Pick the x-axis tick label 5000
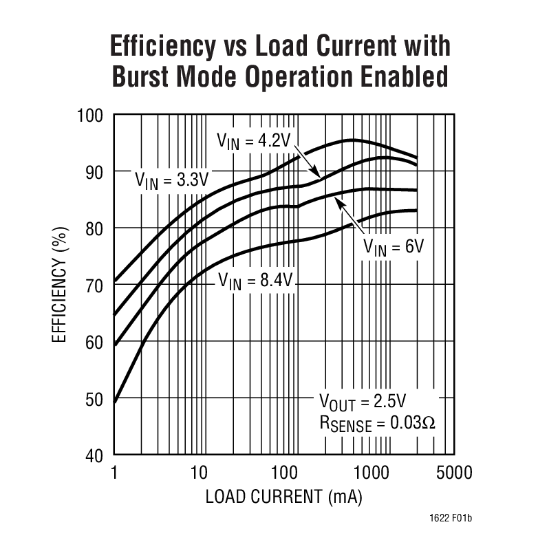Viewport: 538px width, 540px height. tap(453, 473)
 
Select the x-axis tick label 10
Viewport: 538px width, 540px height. tap(198, 473)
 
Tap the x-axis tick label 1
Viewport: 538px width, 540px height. tap(114, 473)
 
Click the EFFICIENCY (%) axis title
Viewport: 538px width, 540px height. tap(60, 285)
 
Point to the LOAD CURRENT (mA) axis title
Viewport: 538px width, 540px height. tap(283, 497)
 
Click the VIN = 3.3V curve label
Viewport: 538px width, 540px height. tap(171, 182)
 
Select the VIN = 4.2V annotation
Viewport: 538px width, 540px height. tap(255, 142)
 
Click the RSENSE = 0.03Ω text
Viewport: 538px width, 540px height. tap(377, 422)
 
